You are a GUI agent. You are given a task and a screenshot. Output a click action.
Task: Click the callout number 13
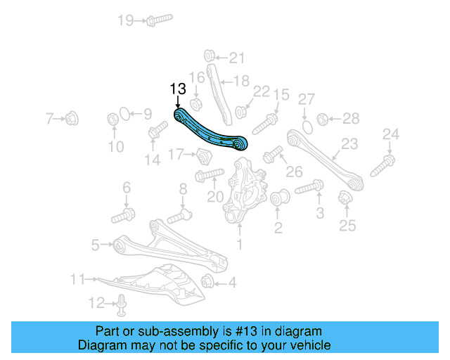pyautogui.click(x=178, y=89)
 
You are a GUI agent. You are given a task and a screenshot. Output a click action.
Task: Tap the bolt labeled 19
pyautogui.click(x=160, y=20)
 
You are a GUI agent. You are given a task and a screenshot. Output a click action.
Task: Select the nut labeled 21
pyautogui.click(x=209, y=56)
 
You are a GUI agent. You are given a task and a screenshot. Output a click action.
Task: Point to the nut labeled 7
pyautogui.click(x=73, y=118)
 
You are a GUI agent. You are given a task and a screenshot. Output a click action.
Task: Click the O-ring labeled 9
pyautogui.click(x=124, y=113)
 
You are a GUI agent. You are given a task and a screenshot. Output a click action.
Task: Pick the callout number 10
pyautogui.click(x=115, y=146)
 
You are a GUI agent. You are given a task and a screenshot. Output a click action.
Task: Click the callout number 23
pyautogui.click(x=349, y=144)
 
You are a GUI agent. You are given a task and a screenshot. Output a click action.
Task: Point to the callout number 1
pyautogui.click(x=240, y=244)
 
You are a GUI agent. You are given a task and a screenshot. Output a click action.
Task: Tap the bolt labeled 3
pyautogui.click(x=309, y=188)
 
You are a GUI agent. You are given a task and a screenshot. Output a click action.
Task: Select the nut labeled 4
pyautogui.click(x=207, y=283)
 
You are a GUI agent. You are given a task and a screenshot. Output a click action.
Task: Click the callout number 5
pyautogui.click(x=96, y=245)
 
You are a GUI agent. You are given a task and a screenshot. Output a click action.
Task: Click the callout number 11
pyautogui.click(x=77, y=279)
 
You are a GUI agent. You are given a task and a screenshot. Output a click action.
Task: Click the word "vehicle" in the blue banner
pyautogui.click(x=306, y=345)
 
